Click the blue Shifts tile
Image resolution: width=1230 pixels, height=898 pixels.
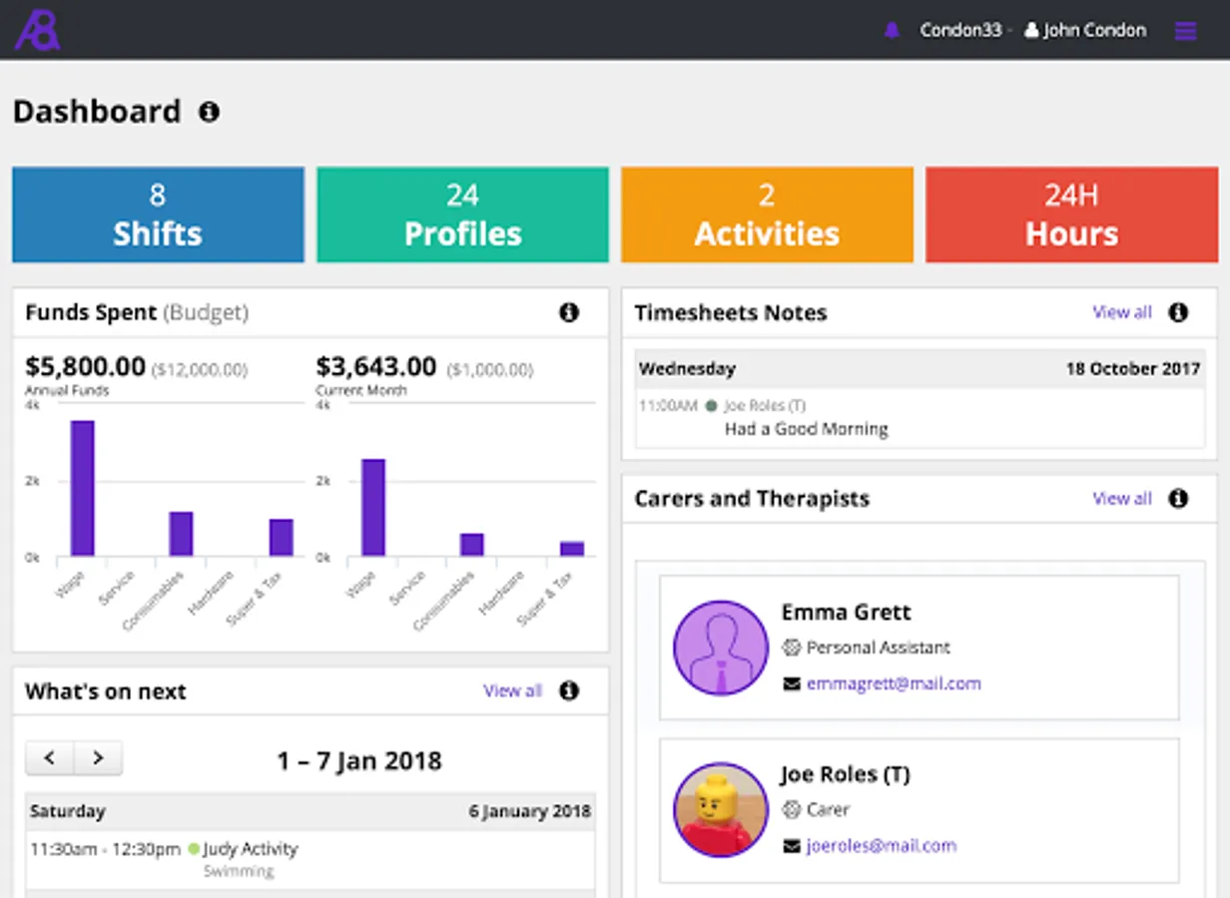158,215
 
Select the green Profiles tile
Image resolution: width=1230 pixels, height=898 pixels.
462,215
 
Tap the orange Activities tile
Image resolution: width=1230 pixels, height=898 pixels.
767,215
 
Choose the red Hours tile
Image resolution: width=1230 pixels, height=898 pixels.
1071,215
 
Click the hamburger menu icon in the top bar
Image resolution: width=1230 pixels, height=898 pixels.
1185,31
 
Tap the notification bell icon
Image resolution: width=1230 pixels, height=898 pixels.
892,31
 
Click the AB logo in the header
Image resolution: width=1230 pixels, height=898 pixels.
37,31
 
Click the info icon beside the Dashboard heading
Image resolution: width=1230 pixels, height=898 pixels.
209,112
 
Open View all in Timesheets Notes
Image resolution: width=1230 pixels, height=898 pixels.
1122,312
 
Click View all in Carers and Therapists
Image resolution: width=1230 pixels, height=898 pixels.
1122,498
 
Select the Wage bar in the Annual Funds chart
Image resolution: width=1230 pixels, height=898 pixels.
82,488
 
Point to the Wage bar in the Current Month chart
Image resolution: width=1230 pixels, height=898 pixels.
373,507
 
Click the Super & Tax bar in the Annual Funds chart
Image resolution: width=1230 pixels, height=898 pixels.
281,537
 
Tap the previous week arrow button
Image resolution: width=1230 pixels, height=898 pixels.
50,758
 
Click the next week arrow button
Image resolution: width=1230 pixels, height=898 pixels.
98,758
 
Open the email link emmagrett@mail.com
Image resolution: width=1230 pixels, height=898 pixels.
894,683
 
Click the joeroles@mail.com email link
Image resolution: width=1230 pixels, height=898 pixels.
881,846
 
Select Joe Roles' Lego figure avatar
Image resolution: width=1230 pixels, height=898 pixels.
720,809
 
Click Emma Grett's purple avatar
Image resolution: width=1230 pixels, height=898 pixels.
720,648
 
